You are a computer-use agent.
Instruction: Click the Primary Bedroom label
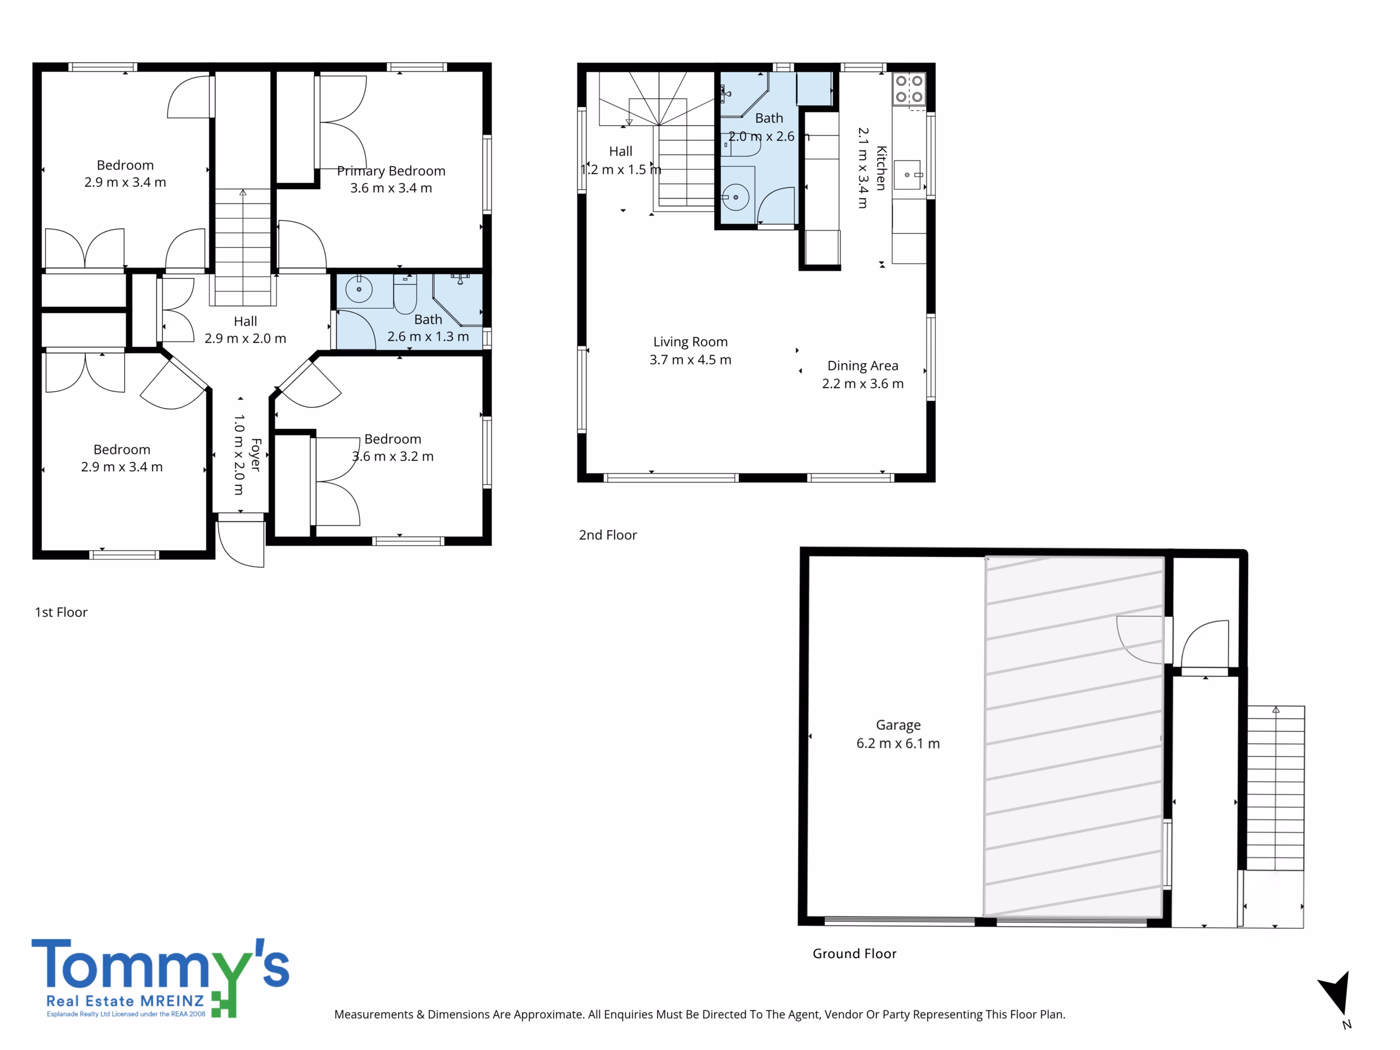pyautogui.click(x=391, y=171)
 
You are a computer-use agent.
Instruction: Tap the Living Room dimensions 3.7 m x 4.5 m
pyautogui.click(x=691, y=359)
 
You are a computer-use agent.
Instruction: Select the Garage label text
pyautogui.click(x=898, y=725)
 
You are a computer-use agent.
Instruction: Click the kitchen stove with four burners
pyautogui.click(x=909, y=89)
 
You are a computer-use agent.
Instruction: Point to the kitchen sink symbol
pyautogui.click(x=909, y=174)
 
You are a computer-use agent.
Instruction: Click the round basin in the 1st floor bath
pyautogui.click(x=359, y=289)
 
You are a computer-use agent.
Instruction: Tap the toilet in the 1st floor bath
pyautogui.click(x=405, y=294)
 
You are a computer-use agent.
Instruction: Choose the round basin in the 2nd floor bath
pyautogui.click(x=736, y=197)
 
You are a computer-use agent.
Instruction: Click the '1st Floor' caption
pyautogui.click(x=61, y=612)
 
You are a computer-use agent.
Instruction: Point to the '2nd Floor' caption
pyautogui.click(x=608, y=535)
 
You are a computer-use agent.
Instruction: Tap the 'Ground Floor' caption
pyautogui.click(x=854, y=954)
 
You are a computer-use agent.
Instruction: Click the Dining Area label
pyautogui.click(x=862, y=366)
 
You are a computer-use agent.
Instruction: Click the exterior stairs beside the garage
pyautogui.click(x=1275, y=788)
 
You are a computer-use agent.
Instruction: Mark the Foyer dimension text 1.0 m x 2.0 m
pyautogui.click(x=238, y=454)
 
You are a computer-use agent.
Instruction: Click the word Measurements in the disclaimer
pyautogui.click(x=374, y=1014)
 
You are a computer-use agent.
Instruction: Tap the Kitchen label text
pyautogui.click(x=881, y=168)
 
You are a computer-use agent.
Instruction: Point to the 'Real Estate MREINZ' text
pyautogui.click(x=125, y=1001)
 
